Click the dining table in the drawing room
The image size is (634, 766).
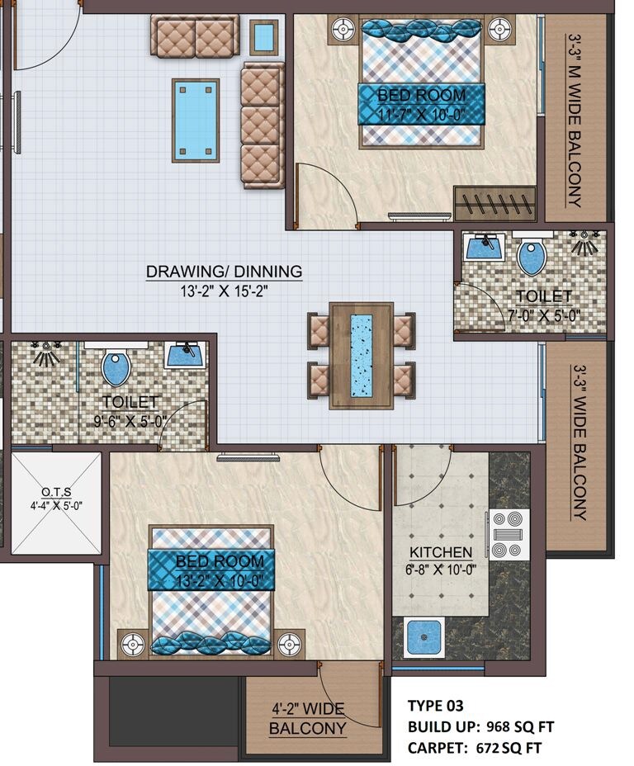coord(361,356)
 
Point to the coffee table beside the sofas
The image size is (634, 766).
coord(196,120)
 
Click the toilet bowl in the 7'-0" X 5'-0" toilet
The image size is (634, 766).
coord(532,257)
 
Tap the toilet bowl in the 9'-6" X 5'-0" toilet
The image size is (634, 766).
coord(116,367)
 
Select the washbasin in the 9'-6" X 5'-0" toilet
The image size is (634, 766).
coord(186,355)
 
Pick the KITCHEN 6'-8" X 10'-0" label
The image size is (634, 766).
coord(441,560)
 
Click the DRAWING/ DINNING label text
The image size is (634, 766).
coord(224,272)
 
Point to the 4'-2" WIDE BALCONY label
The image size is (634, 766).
coord(308,719)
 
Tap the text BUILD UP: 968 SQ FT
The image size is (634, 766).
coord(480,727)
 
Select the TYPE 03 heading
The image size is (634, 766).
coord(435,706)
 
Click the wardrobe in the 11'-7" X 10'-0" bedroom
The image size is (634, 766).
coord(494,202)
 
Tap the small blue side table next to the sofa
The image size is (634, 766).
coord(263,36)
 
